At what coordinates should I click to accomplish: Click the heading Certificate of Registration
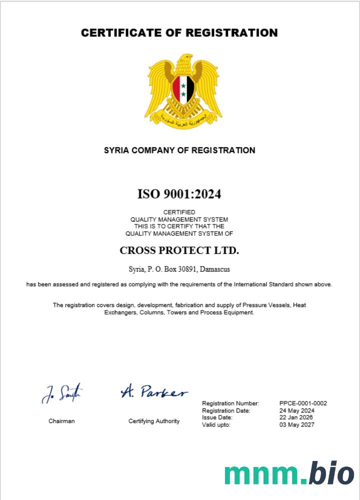click(x=179, y=33)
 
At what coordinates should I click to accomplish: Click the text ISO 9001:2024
click(x=179, y=194)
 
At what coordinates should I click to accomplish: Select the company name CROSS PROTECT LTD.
click(x=179, y=250)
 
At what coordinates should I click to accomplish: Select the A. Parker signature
click(x=154, y=391)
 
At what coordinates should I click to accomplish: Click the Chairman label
click(x=61, y=421)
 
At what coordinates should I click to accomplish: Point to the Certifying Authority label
click(x=154, y=421)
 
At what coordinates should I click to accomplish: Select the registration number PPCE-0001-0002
click(x=303, y=403)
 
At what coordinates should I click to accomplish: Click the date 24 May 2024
click(x=296, y=410)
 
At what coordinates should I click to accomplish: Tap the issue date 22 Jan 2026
click(x=296, y=417)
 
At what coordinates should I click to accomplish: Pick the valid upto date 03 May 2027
click(x=297, y=425)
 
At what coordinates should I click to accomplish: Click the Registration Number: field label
click(x=230, y=403)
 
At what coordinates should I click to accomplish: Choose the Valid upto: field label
click(x=216, y=425)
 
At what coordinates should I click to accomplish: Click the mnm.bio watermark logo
click(x=288, y=472)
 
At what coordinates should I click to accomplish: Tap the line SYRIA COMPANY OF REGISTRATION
click(x=179, y=150)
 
